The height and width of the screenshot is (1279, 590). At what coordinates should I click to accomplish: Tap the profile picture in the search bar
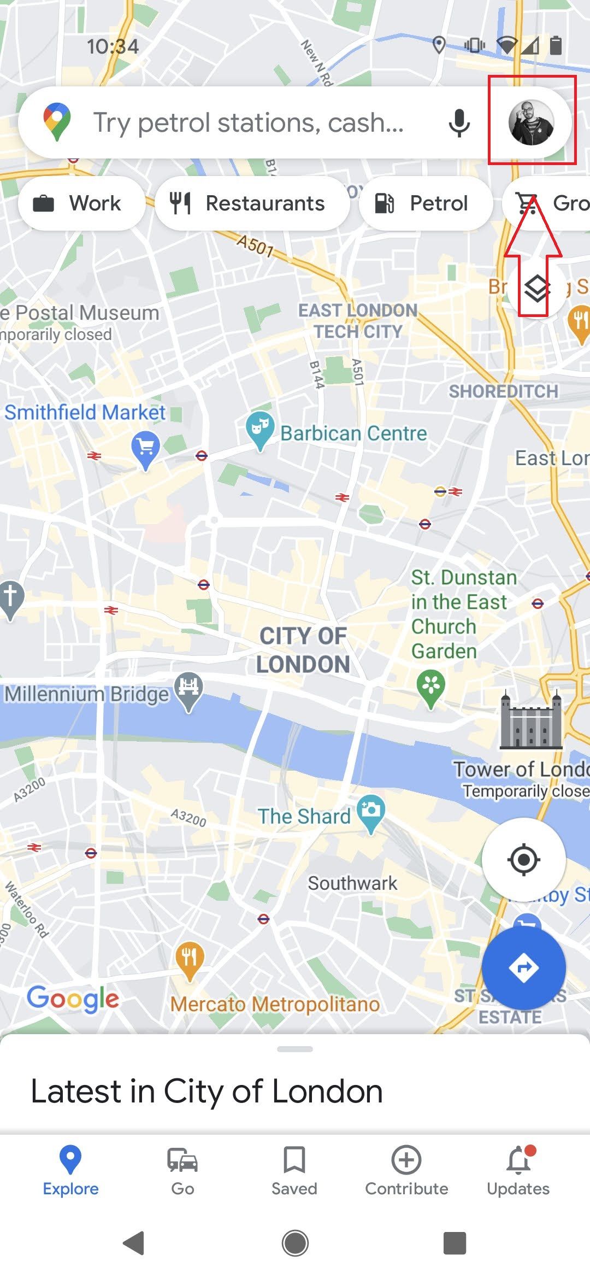tap(531, 122)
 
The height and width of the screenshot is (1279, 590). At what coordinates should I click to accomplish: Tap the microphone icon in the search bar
tap(459, 122)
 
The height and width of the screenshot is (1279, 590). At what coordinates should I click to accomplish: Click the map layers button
tap(536, 288)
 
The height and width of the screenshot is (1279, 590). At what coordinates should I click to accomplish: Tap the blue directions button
tap(523, 968)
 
